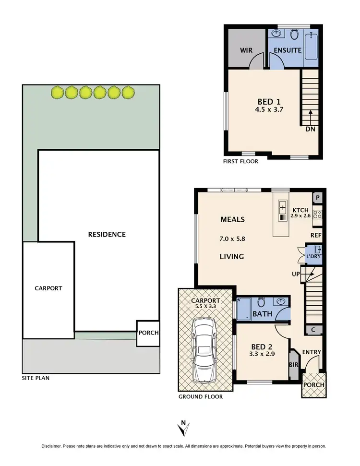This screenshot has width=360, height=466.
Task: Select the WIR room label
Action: (246, 50)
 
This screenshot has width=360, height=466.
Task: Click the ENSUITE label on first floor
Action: (288, 50)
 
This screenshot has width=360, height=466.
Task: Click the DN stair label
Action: (310, 129)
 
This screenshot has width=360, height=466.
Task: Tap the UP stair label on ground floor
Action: (296, 274)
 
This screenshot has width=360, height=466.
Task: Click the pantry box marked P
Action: (317, 198)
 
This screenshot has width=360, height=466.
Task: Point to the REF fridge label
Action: (315, 235)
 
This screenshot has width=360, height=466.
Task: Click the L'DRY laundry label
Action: (313, 257)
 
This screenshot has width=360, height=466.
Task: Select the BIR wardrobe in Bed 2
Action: (293, 365)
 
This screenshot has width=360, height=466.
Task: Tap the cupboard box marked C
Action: (313, 330)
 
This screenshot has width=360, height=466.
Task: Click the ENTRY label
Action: (311, 352)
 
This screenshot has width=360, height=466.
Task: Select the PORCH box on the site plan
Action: (148, 333)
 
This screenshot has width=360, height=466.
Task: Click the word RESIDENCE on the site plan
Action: (107, 234)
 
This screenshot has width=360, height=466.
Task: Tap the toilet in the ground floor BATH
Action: (261, 302)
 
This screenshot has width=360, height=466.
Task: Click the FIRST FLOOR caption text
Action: (240, 161)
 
